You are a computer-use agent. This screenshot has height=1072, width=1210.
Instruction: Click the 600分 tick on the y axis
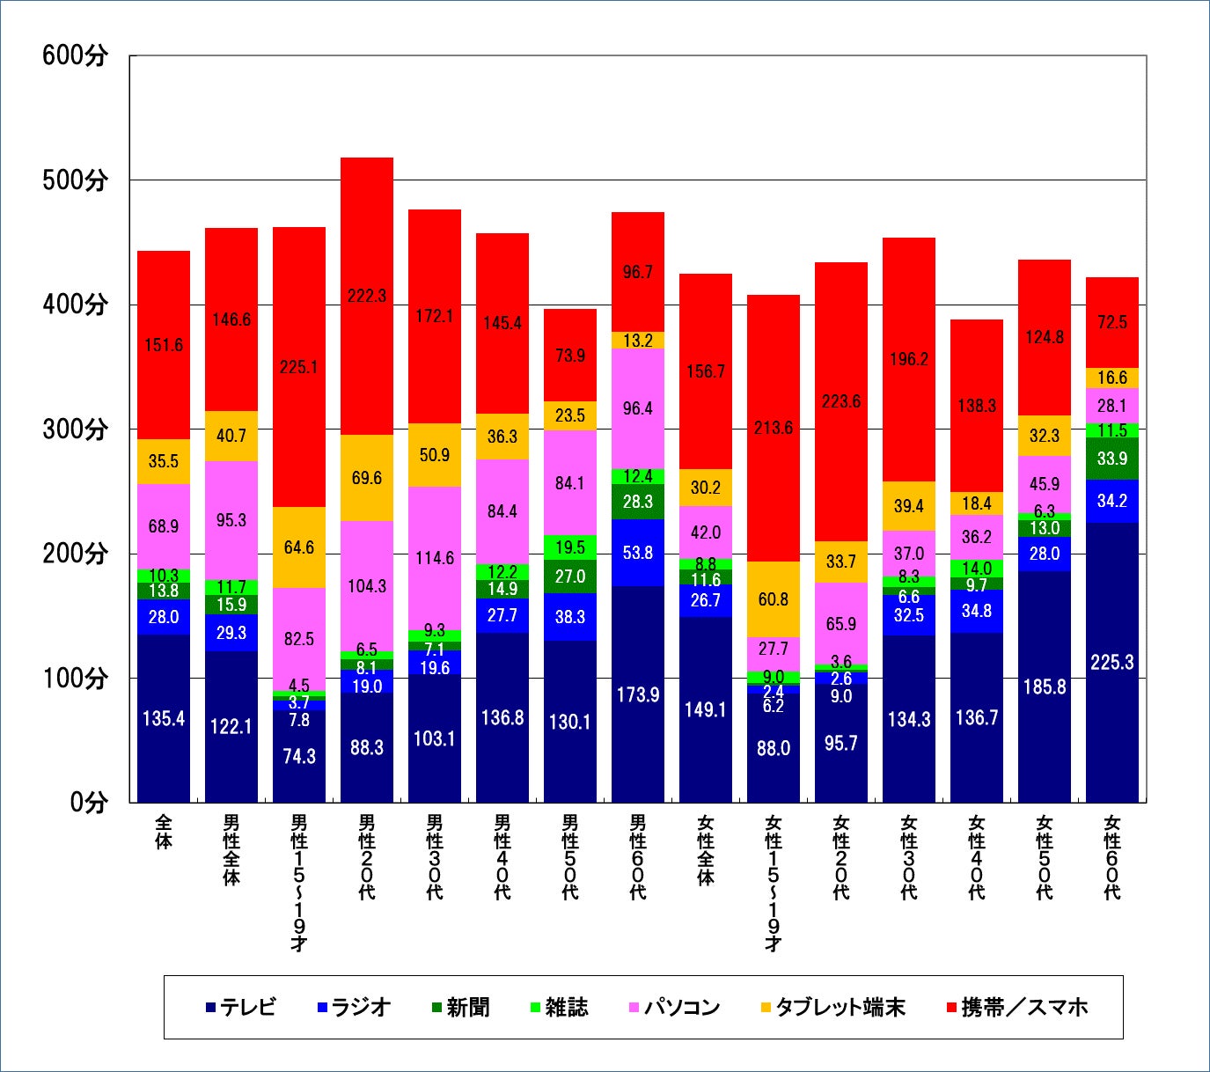click(75, 55)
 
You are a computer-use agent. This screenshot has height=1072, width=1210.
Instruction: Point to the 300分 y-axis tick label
click(75, 430)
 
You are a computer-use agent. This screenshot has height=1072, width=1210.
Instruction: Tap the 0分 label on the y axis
click(88, 803)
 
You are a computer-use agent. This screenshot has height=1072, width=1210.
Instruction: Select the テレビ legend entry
click(240, 1007)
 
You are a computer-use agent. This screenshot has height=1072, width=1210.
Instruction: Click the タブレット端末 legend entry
click(832, 1007)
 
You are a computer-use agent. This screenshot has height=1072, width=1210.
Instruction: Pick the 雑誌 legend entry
click(559, 1007)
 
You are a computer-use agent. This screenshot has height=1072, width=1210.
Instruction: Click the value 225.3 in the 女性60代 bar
click(1111, 662)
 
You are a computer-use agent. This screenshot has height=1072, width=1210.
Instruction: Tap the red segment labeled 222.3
click(366, 296)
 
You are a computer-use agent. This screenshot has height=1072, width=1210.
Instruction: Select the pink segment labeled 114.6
click(434, 558)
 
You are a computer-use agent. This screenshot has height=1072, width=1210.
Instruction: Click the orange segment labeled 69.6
click(366, 478)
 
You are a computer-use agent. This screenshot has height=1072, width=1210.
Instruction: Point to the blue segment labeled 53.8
click(637, 553)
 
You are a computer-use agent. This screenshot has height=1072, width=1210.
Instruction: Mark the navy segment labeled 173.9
click(637, 694)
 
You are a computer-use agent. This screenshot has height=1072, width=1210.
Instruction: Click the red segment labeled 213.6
click(773, 428)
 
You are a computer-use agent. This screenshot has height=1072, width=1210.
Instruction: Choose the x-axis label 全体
click(164, 832)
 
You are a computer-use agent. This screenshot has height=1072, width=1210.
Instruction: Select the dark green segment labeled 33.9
click(1111, 459)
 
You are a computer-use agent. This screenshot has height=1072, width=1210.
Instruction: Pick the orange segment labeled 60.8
click(773, 599)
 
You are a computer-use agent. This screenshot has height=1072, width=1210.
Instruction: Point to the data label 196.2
click(908, 359)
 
